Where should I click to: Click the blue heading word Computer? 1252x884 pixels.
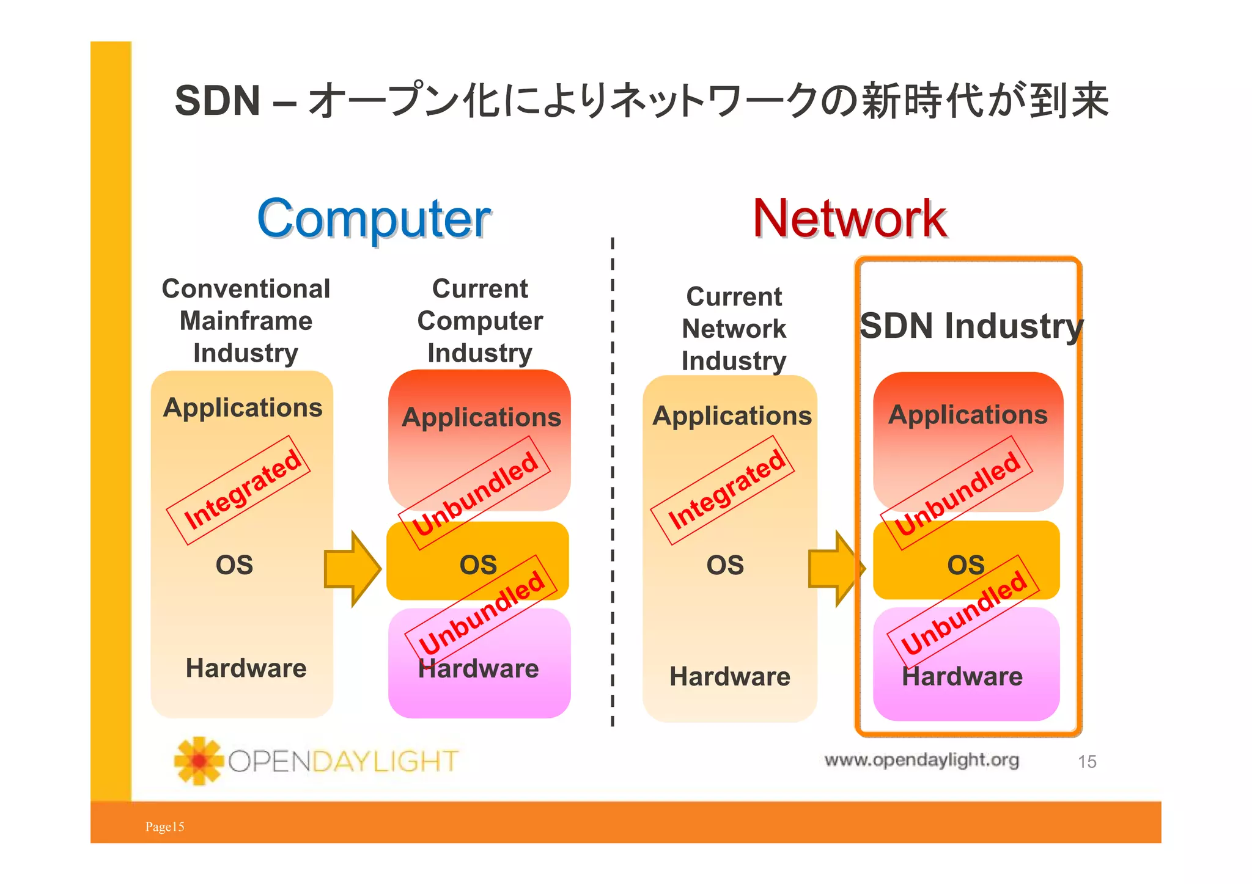tap(374, 219)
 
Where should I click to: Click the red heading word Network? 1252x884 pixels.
tap(849, 219)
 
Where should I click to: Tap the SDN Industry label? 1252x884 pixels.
tap(970, 326)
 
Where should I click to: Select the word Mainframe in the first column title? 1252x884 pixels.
tap(246, 321)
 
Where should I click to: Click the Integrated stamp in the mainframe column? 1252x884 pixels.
tap(240, 490)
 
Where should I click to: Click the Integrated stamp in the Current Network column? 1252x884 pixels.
tap(724, 490)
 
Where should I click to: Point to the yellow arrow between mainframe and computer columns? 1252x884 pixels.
tap(352, 569)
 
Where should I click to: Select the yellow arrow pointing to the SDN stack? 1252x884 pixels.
tap(835, 569)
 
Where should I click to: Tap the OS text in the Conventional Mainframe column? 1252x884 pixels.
tap(234, 565)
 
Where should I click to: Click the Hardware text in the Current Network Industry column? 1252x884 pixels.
tap(730, 677)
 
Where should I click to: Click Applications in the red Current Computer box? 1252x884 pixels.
tap(481, 417)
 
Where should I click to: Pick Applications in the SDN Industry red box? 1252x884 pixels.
tap(968, 415)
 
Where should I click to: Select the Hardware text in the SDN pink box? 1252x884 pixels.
tap(962, 677)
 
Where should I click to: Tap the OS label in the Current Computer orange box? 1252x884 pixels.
tap(478, 565)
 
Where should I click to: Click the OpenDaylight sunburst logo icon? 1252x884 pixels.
tap(198, 761)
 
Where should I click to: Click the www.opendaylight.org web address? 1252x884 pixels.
tap(921, 760)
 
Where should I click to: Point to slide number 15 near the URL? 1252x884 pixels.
tap(1086, 762)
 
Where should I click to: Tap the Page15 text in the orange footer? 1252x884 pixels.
tap(164, 827)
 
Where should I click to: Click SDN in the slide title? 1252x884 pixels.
tap(218, 101)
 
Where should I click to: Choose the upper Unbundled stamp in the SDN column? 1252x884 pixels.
tap(957, 492)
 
